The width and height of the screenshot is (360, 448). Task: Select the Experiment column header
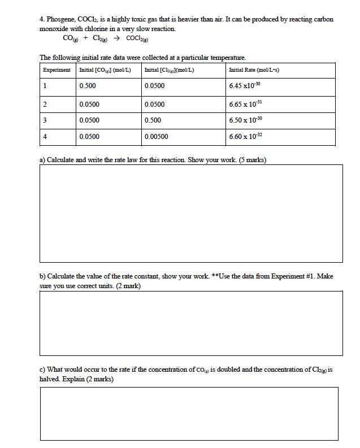point(57,69)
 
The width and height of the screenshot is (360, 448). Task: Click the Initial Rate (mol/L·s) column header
point(255,69)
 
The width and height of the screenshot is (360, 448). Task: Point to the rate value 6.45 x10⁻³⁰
point(245,86)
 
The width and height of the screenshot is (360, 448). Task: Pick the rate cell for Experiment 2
point(246,105)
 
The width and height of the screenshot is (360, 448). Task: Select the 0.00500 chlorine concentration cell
point(156,137)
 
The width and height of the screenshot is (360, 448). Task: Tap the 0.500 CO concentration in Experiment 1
point(88,86)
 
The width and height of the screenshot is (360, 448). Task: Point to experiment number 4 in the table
point(45,137)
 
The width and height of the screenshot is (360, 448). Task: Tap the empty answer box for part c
point(189,416)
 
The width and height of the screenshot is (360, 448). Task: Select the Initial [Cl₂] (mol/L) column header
point(170,69)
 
